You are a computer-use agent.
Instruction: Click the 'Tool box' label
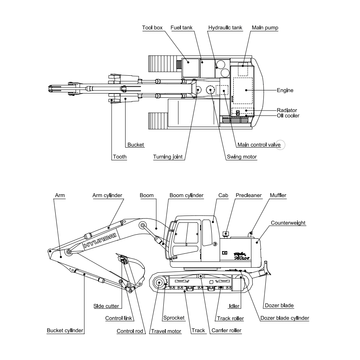[152, 28]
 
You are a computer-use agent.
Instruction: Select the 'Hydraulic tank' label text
[225, 28]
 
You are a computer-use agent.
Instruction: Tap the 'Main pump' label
[265, 28]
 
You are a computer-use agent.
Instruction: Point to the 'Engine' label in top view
[285, 90]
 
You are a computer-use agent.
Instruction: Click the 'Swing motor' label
[241, 157]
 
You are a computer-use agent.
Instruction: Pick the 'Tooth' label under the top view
[119, 157]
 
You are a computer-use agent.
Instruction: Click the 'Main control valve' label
[258, 145]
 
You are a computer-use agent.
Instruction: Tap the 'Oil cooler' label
[288, 115]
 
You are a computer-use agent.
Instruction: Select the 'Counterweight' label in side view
[288, 223]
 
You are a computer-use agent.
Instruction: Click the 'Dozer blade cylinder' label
[285, 318]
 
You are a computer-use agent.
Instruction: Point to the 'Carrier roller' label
[226, 331]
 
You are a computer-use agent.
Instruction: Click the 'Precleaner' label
[249, 195]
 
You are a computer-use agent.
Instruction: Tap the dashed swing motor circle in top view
[210, 90]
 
